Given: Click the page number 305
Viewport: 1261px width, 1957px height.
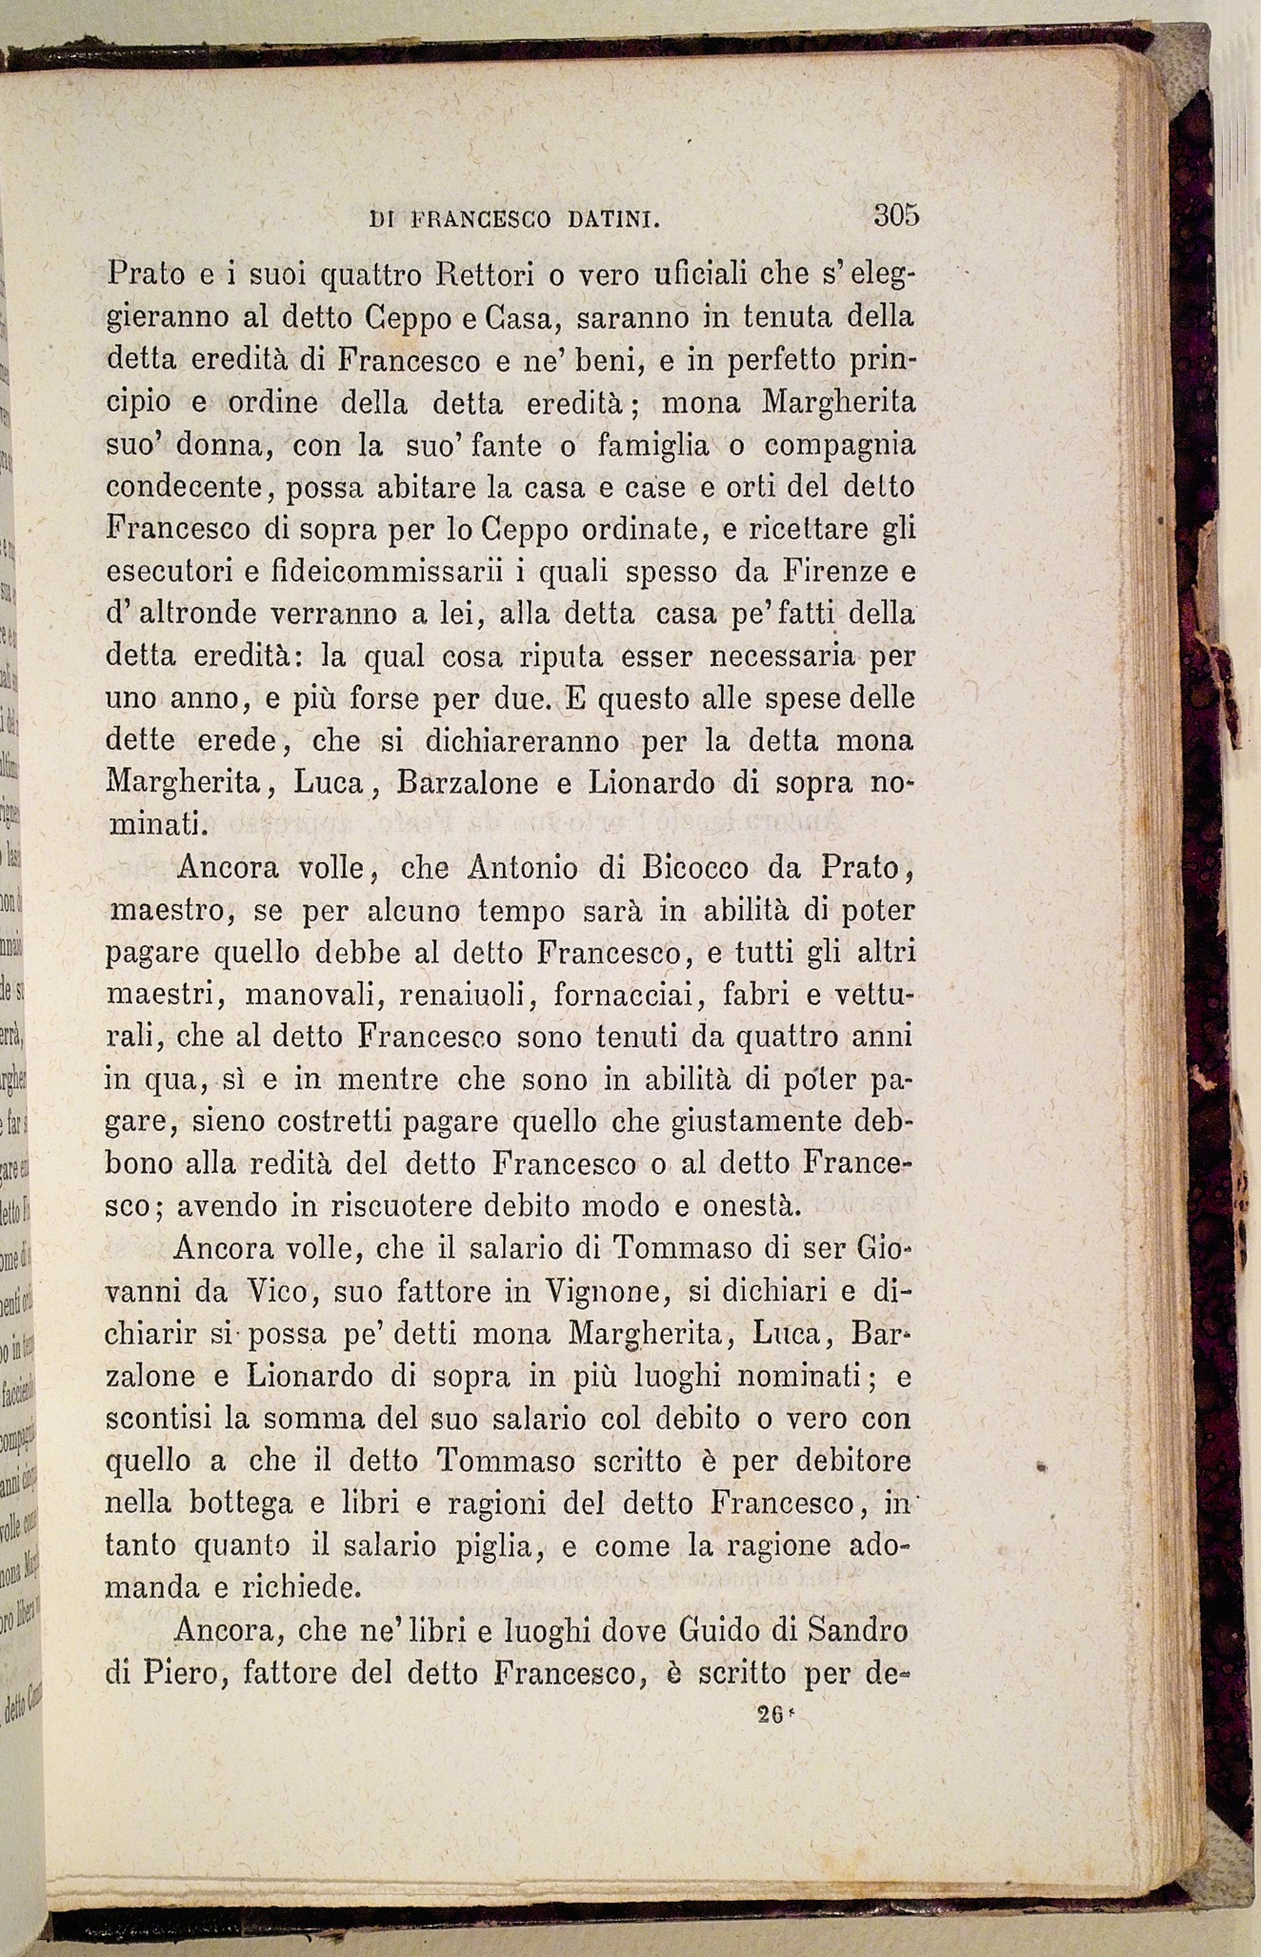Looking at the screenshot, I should point(895,215).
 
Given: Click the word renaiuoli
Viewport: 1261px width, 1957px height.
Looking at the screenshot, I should point(464,995).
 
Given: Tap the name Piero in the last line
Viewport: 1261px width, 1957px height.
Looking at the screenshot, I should point(184,1673).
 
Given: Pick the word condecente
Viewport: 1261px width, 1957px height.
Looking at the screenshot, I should point(184,488).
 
